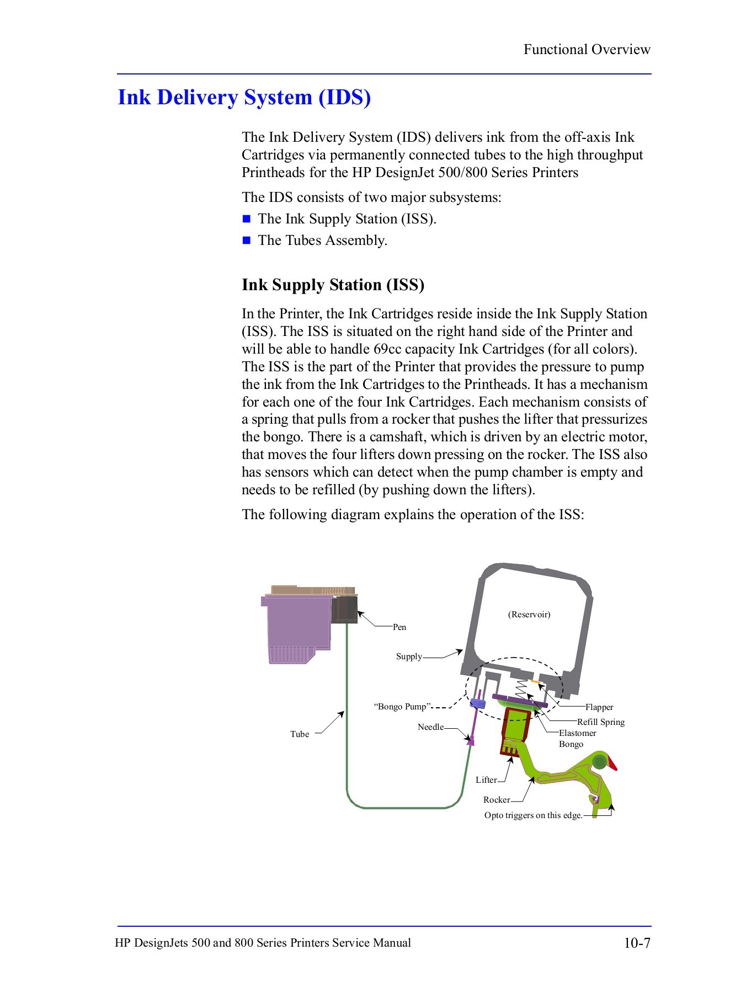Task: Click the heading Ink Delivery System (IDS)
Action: click(244, 98)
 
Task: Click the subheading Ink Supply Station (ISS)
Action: click(333, 285)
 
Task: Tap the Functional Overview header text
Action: click(587, 50)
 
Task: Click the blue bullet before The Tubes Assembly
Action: click(247, 241)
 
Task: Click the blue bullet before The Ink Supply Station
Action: click(247, 219)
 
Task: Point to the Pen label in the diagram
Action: click(399, 627)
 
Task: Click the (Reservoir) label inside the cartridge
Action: click(529, 615)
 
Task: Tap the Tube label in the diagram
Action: click(300, 734)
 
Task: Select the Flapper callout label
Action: click(599, 707)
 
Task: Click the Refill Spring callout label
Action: click(600, 722)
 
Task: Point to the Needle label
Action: click(430, 727)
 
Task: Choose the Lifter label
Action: click(486, 780)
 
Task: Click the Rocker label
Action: click(497, 799)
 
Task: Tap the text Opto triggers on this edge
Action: click(533, 815)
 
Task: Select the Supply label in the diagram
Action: click(409, 656)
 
